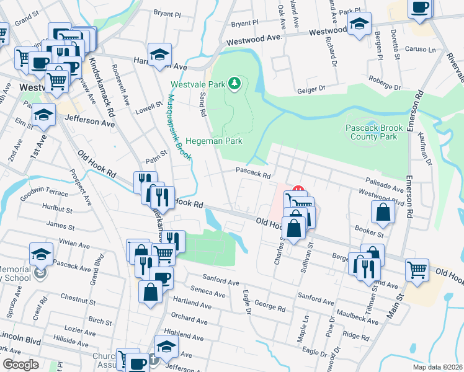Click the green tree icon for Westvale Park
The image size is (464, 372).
[234, 83]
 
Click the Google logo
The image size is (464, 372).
[20, 365]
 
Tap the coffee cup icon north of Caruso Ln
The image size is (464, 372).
[420, 8]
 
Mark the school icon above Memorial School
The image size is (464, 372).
[41, 252]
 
